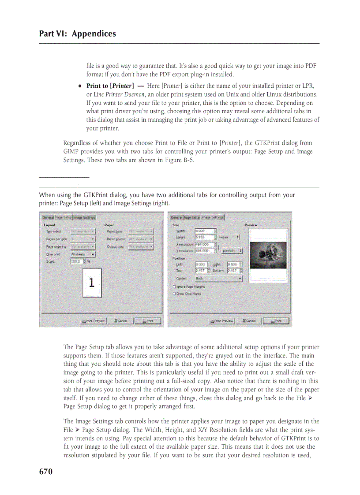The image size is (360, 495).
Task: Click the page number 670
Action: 46,472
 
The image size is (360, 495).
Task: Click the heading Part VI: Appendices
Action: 78,34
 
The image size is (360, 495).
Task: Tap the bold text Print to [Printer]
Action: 110,86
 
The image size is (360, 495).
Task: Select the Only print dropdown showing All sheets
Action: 82,254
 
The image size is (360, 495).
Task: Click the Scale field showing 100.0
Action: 76,261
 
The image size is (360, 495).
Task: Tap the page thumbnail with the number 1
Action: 92,283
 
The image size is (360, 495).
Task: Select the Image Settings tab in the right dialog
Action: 213,217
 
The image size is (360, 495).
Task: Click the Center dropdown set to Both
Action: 218,279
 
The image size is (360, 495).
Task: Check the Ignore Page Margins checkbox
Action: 175,287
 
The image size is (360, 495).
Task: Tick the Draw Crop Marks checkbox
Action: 175,294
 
